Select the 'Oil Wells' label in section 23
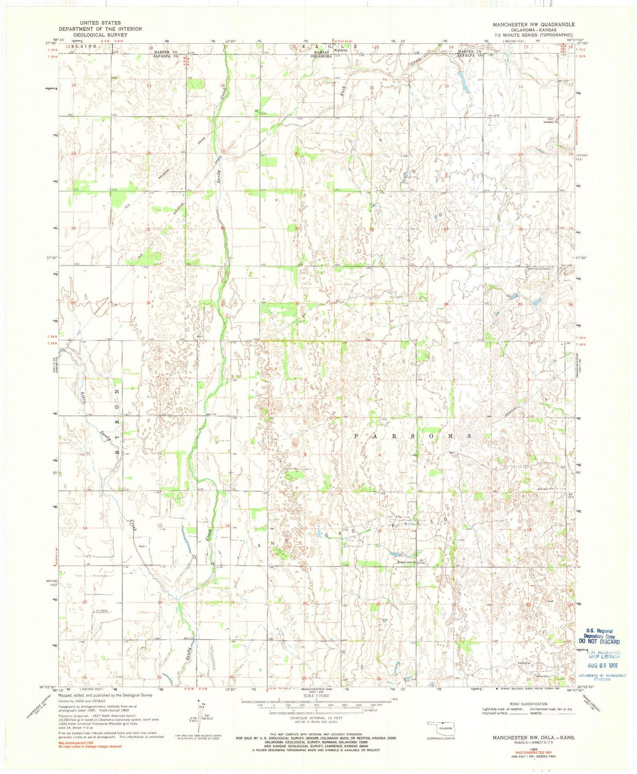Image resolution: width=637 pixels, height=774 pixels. pos(102,611)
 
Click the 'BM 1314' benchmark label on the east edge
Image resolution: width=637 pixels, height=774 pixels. pos(572,496)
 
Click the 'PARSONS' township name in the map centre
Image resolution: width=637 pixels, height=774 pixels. pos(413,436)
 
